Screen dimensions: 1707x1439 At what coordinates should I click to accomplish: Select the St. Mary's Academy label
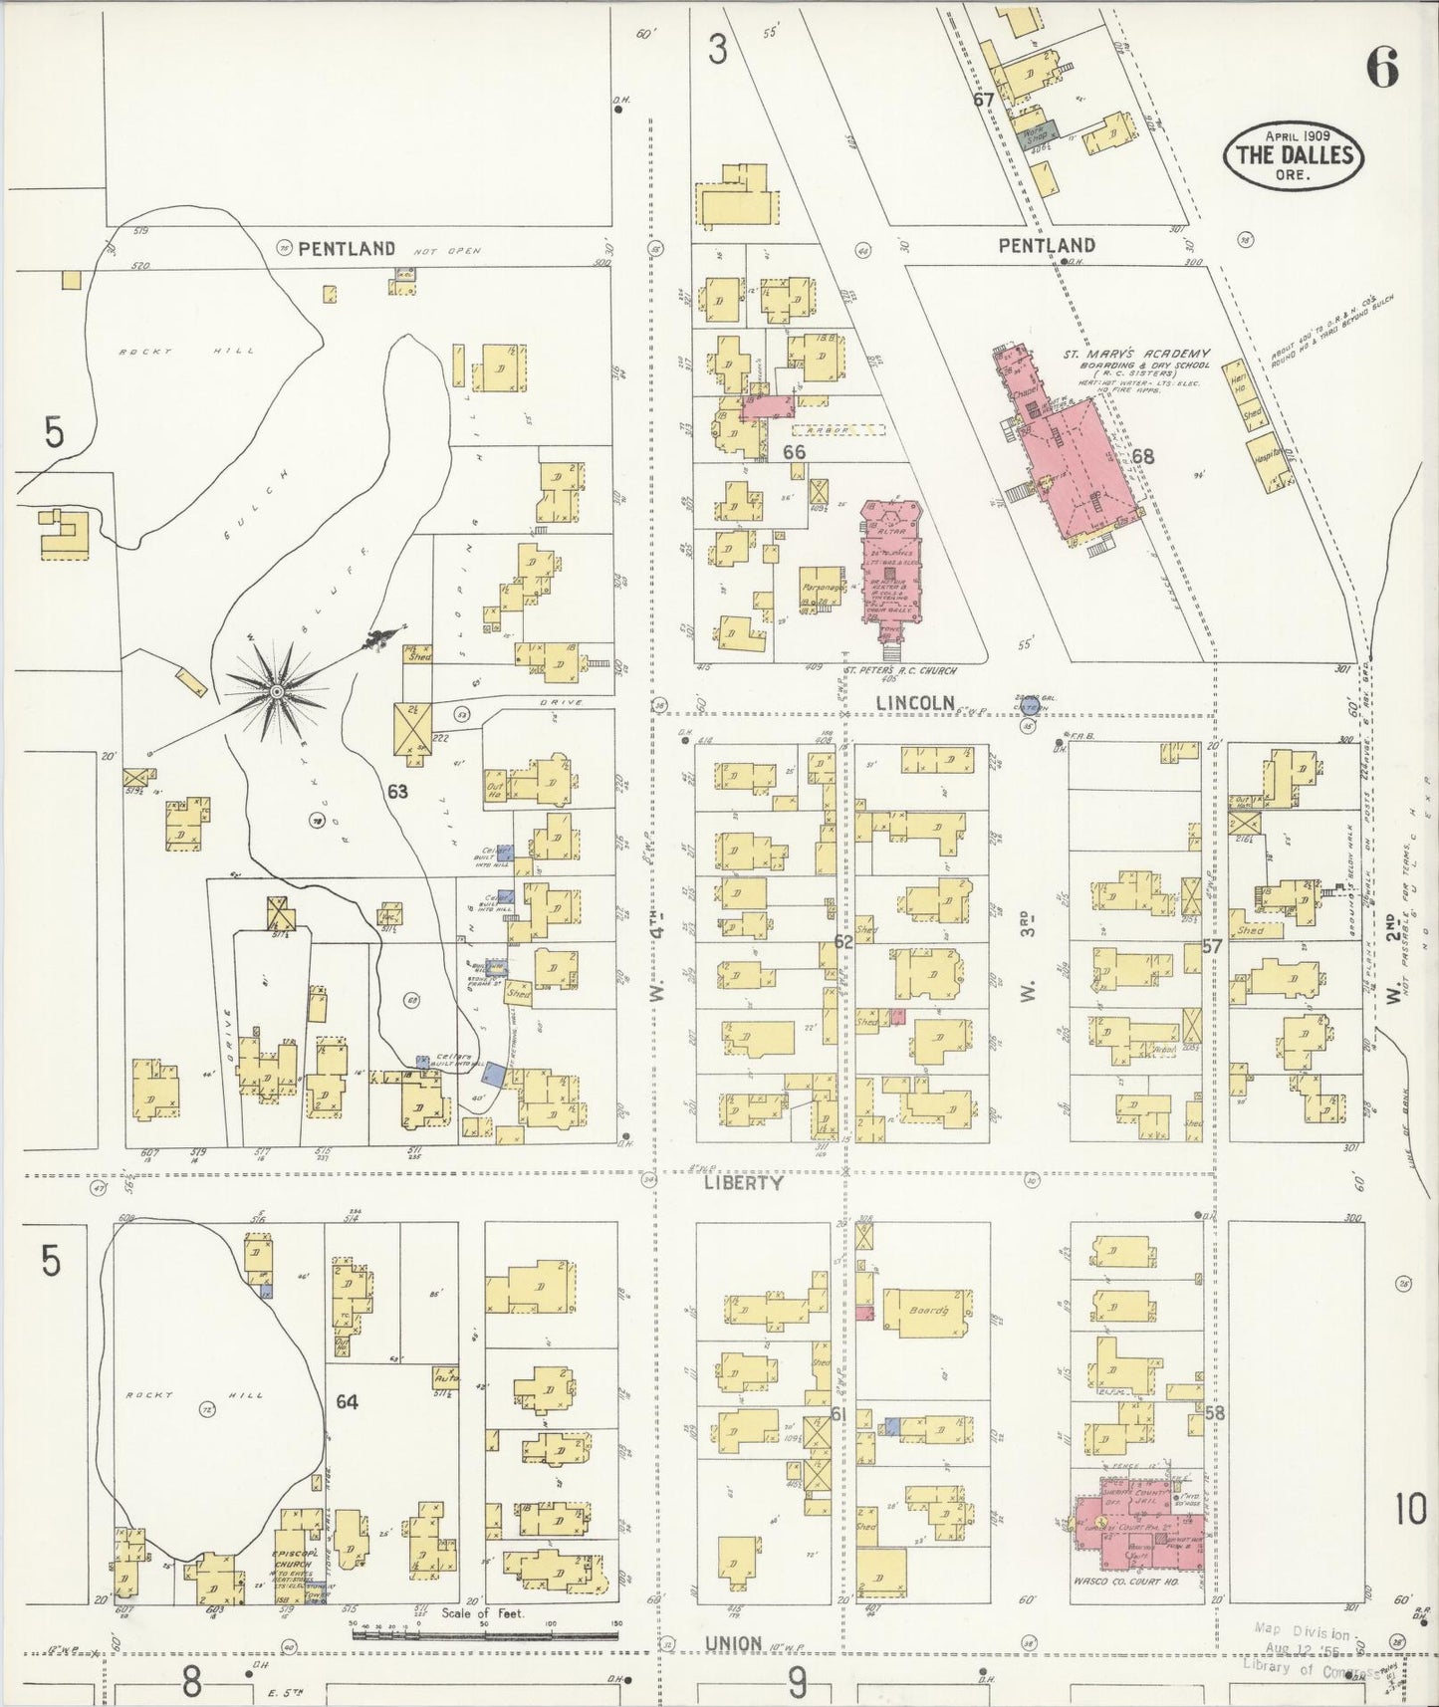[1135, 354]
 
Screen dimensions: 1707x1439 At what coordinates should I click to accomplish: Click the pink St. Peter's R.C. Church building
[892, 568]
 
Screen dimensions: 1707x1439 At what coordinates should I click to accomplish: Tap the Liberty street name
[743, 1183]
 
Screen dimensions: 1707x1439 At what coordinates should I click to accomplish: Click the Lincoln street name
[915, 703]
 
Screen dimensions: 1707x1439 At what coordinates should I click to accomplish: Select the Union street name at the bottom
[733, 1644]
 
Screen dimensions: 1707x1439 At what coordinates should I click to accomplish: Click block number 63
[397, 792]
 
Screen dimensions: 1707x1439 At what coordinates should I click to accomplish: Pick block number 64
[347, 1401]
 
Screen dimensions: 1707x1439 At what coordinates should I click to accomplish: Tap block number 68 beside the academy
[1142, 457]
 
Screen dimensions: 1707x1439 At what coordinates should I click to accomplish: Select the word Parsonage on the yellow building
[822, 589]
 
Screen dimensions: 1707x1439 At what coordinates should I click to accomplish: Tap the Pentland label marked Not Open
[347, 249]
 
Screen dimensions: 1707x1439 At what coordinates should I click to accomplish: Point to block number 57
[1211, 946]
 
